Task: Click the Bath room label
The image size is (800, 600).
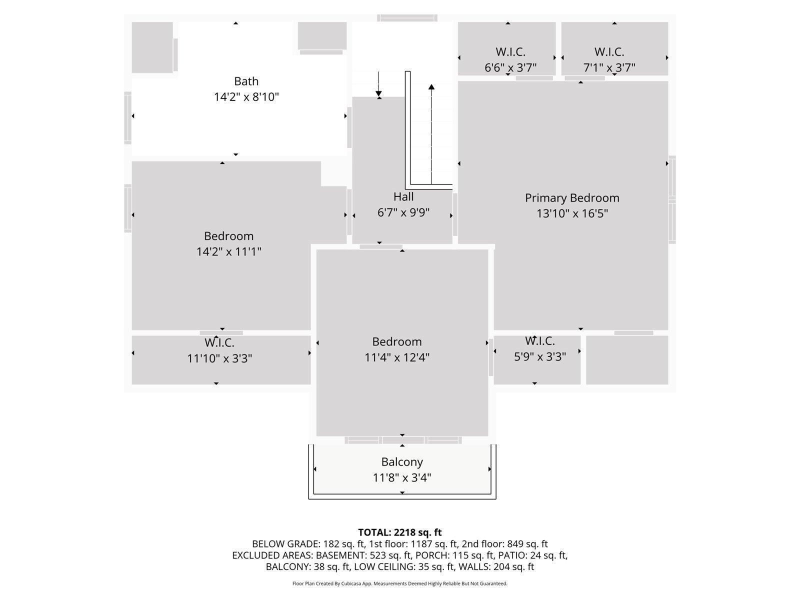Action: tap(246, 81)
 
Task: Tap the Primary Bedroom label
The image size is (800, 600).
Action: tap(571, 198)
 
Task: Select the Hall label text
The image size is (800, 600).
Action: tap(403, 196)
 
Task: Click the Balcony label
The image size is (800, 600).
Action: tap(401, 462)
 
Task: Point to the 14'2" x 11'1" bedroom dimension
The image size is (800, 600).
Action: tap(228, 251)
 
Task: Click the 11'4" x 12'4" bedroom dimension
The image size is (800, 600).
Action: tap(396, 357)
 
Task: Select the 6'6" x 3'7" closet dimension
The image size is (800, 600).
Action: tap(510, 68)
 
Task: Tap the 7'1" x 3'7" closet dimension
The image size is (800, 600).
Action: tap(609, 68)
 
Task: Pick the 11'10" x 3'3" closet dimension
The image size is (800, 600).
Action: tap(219, 358)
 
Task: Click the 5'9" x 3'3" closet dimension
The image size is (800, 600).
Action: tap(540, 356)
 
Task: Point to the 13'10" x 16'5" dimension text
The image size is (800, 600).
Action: tap(572, 213)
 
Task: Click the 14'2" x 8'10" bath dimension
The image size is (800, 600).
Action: tap(246, 97)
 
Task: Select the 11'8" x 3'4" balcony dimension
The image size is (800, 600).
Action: tap(401, 477)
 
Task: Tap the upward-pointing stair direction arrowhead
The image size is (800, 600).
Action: tap(431, 86)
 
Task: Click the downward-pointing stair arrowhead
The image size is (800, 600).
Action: tap(378, 93)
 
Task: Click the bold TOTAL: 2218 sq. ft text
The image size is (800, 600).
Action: tap(400, 532)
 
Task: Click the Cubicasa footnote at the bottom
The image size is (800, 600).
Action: tap(400, 583)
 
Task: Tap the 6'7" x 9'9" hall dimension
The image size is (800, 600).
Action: tap(403, 212)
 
